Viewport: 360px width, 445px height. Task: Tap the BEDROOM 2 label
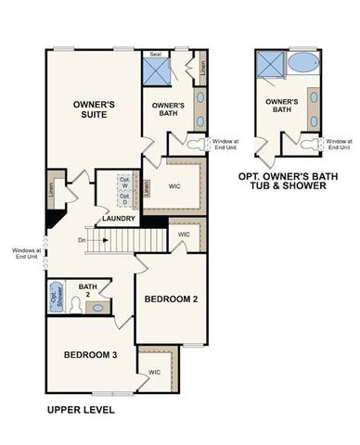pos(171,299)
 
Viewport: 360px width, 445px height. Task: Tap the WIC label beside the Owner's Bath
pos(175,184)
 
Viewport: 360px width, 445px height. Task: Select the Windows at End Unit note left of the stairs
pos(24,252)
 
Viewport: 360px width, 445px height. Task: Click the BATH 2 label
pos(88,290)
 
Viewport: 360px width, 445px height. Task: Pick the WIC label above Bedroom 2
pos(183,235)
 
